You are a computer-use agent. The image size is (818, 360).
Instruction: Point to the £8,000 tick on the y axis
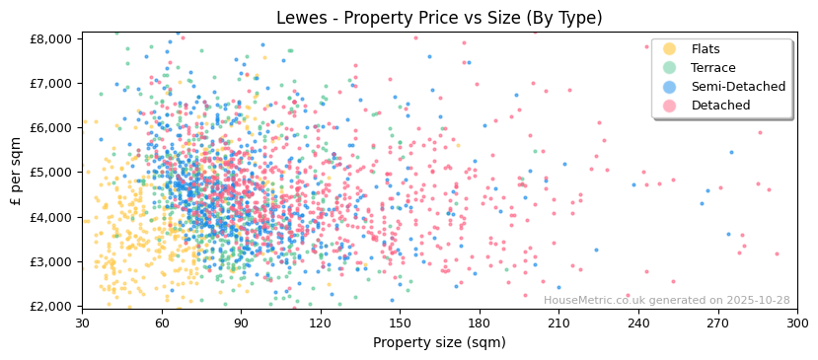click(51, 38)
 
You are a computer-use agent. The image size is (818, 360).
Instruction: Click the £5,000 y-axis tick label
click(51, 173)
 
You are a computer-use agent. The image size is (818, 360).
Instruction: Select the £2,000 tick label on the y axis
click(51, 307)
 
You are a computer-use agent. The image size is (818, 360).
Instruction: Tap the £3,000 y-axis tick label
click(51, 261)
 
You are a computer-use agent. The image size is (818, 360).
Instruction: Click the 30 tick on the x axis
click(82, 324)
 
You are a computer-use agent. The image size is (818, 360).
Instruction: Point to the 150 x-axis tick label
click(400, 324)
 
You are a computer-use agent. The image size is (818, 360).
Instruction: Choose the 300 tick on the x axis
click(796, 324)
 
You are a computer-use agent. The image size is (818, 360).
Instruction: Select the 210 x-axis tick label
click(558, 324)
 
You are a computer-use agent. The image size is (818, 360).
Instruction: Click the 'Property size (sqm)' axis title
click(439, 343)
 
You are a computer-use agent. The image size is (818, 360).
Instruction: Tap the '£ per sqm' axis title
click(17, 172)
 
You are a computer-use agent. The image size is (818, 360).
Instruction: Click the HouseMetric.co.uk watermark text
click(680, 301)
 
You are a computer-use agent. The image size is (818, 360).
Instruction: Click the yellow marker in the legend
click(669, 49)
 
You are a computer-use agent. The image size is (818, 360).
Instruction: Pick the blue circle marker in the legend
click(669, 87)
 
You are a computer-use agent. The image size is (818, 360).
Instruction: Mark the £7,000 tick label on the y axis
click(51, 83)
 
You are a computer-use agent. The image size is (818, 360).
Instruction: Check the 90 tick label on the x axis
click(241, 324)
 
